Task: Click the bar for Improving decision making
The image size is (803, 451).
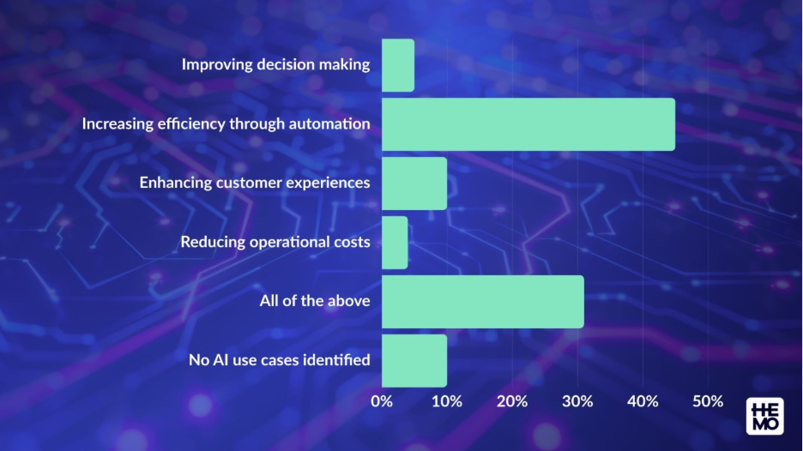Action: click(x=398, y=65)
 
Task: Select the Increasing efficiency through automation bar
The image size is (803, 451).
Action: click(x=528, y=124)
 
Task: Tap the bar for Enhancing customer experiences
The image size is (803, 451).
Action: click(x=414, y=183)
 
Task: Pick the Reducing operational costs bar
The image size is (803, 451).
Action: click(x=395, y=243)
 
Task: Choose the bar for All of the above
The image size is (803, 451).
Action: click(x=482, y=302)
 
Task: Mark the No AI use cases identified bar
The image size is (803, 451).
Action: click(x=414, y=361)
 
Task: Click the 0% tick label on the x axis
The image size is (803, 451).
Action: click(x=382, y=401)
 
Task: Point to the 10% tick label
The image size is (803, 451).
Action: click(x=446, y=401)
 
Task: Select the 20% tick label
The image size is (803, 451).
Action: click(x=511, y=401)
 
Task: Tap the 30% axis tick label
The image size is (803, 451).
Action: click(x=577, y=401)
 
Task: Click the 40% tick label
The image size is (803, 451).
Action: click(x=643, y=401)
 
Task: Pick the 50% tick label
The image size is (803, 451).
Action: click(x=708, y=401)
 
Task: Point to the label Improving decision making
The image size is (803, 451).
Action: click(x=275, y=64)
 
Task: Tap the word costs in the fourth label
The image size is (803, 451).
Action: click(x=352, y=242)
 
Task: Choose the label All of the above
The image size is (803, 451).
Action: click(x=315, y=301)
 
